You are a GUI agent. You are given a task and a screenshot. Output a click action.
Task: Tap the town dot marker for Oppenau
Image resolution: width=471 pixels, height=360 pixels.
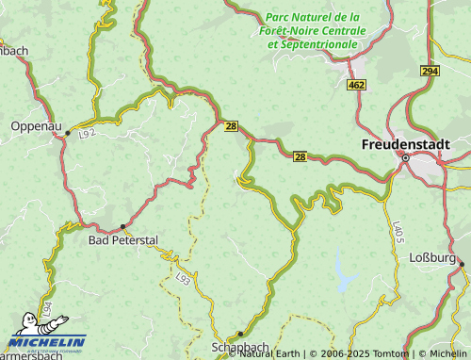pyautogui.click(x=68, y=134)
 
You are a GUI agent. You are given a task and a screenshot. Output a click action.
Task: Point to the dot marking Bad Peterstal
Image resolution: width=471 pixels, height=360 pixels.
pyautogui.click(x=122, y=226)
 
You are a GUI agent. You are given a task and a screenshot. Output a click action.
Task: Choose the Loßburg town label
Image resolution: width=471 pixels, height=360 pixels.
pyautogui.click(x=432, y=257)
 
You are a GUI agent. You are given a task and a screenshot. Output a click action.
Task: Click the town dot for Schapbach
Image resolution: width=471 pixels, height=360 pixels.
pyautogui.click(x=240, y=334)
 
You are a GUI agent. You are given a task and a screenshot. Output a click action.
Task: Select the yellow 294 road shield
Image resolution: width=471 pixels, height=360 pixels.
pyautogui.click(x=430, y=72)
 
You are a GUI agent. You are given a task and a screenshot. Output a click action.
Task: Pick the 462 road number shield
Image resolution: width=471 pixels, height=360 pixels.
pyautogui.click(x=356, y=86)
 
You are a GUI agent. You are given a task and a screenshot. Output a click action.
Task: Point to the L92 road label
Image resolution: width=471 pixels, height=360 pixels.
pyautogui.click(x=88, y=134)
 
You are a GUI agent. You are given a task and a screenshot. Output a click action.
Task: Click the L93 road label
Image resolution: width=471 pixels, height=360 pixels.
pyautogui.click(x=184, y=277)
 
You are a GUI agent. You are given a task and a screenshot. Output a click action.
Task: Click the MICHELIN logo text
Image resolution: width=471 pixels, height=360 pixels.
pyautogui.click(x=46, y=341)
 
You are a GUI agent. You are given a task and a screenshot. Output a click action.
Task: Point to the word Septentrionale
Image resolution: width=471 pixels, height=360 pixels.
pyautogui.click(x=313, y=43)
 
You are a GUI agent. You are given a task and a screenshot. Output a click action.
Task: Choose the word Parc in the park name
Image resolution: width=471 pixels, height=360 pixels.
pyautogui.click(x=280, y=17)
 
